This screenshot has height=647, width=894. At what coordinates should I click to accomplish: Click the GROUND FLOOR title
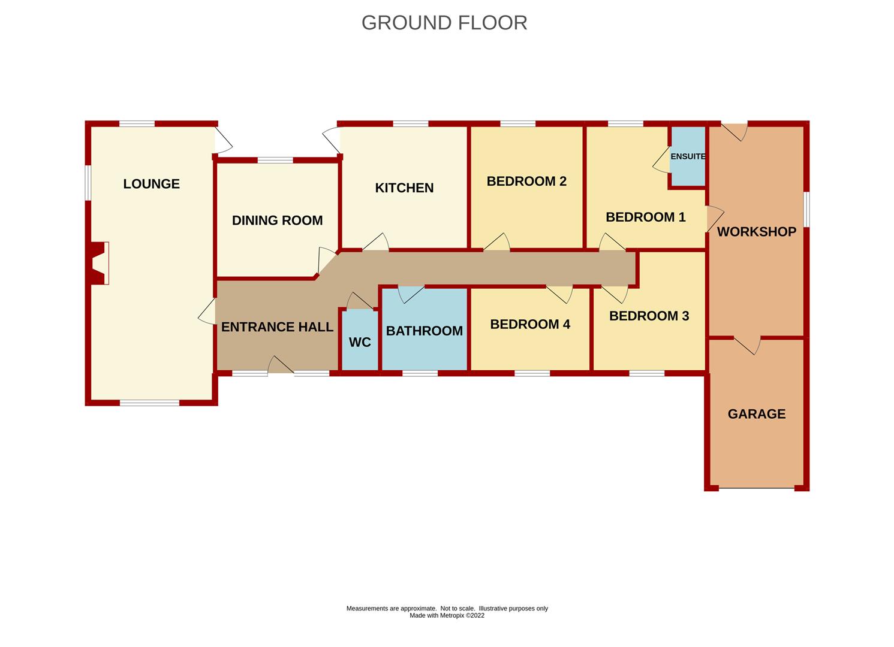click(444, 23)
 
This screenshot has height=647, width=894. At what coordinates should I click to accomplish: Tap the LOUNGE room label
click(151, 184)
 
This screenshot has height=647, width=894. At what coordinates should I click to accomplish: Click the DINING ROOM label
click(277, 220)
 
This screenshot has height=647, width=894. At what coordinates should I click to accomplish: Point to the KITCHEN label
click(404, 188)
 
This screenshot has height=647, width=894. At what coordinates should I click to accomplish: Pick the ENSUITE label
click(688, 156)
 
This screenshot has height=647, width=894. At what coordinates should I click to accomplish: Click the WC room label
click(360, 342)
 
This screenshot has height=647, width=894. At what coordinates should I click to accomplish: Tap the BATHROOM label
click(424, 331)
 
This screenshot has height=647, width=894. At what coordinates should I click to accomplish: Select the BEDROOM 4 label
click(530, 324)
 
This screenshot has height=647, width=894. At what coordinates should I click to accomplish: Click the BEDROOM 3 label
click(649, 316)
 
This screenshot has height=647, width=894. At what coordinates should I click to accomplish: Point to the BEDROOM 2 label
click(526, 181)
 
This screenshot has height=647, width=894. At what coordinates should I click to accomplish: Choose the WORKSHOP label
click(757, 232)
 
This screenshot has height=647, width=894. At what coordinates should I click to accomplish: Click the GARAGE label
click(756, 414)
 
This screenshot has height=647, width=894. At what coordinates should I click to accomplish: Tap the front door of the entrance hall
click(280, 366)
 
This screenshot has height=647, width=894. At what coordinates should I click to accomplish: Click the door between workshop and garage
click(747, 344)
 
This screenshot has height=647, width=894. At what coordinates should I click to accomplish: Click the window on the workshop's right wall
click(806, 210)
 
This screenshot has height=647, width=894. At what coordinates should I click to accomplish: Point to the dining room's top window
click(275, 160)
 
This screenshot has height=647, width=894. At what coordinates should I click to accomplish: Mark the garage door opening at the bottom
click(756, 488)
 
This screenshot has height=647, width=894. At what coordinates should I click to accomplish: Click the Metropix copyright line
click(447, 615)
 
